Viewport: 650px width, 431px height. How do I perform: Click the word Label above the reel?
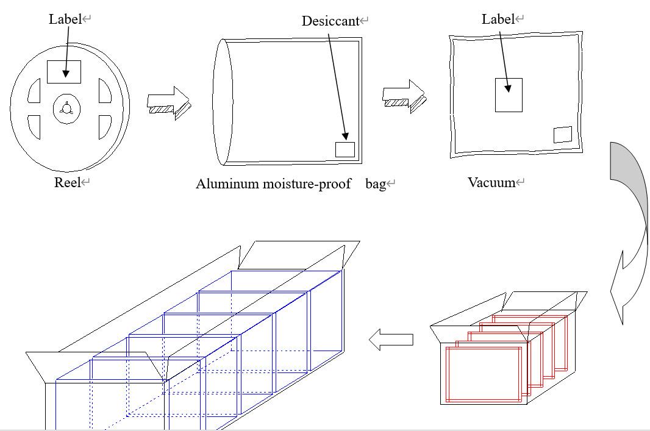pos(65,19)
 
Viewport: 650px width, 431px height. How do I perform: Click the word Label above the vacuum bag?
pos(498,19)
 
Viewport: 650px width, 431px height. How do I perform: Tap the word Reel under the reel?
pos(68,182)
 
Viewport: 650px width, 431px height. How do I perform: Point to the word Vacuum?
pos(491,182)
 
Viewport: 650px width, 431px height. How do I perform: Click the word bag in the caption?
pos(376,184)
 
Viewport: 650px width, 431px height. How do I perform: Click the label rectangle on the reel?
pos(64,71)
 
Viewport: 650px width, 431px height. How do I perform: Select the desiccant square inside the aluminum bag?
pos(345,149)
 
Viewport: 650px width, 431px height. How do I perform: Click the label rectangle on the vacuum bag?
pos(509,95)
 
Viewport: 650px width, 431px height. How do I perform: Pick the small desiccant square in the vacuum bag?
pos(562,135)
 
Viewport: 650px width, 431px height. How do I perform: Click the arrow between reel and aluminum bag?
pos(169,102)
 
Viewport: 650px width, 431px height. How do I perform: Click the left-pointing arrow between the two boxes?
pos(391,340)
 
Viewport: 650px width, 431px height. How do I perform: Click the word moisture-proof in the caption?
pos(307,184)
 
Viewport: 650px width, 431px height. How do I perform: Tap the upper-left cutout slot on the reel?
pos(34,91)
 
